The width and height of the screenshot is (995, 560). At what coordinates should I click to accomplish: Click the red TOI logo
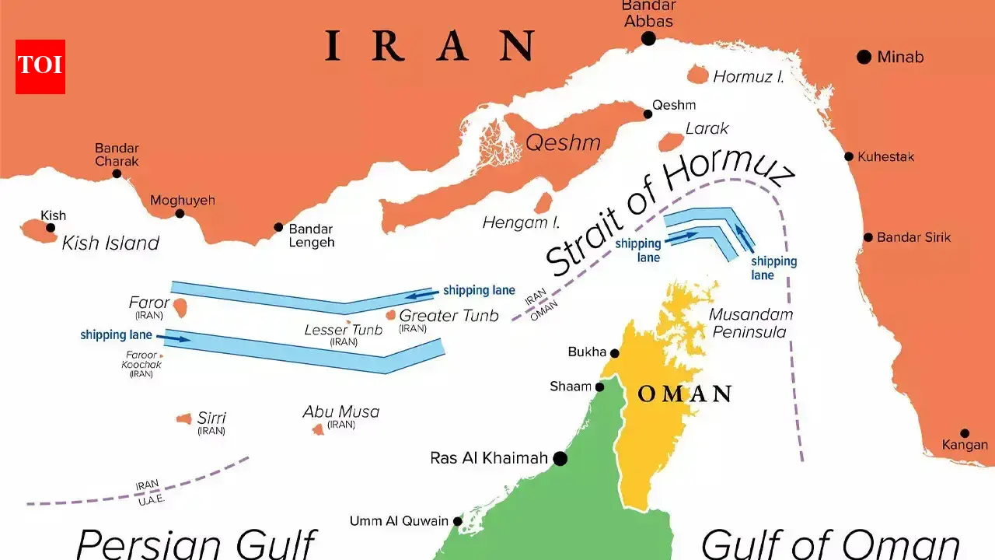tap(40, 67)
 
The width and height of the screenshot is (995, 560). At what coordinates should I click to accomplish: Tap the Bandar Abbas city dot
tap(648, 39)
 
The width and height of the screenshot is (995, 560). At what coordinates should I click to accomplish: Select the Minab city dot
tap(863, 57)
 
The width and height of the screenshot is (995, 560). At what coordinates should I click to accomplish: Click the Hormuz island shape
tap(698, 75)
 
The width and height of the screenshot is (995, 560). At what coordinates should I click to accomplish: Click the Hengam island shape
tap(543, 203)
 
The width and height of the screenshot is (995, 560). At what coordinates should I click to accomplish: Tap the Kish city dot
tap(51, 228)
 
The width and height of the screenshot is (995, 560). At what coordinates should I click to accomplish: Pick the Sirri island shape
tap(184, 419)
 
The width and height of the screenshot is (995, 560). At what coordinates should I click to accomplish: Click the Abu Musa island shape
tap(318, 429)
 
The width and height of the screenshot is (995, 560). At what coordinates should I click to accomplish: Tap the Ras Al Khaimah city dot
tap(559, 459)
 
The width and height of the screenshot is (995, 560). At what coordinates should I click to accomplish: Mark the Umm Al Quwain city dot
tap(458, 521)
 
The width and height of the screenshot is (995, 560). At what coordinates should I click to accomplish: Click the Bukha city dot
tap(614, 352)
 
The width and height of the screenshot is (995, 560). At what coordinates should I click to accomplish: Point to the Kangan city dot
tap(965, 433)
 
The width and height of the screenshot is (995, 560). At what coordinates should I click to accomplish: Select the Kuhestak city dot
tap(849, 156)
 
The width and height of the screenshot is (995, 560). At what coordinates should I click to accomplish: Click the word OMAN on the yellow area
tap(684, 394)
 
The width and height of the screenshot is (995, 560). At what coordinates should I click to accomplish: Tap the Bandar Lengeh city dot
tap(278, 228)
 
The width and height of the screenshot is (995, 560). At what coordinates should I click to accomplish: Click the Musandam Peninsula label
tap(751, 324)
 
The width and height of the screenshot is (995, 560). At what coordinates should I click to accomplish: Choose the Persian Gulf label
tap(196, 543)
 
